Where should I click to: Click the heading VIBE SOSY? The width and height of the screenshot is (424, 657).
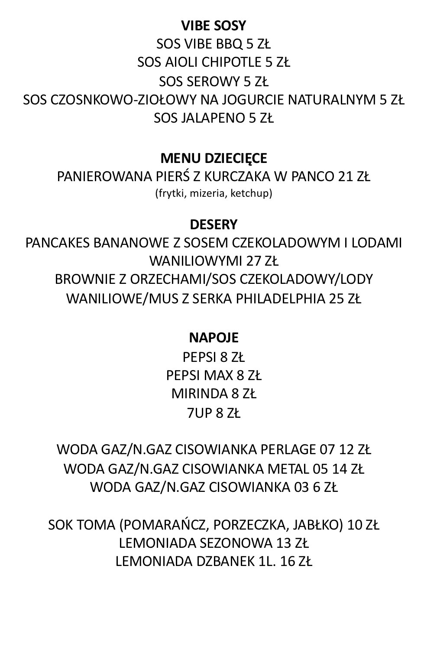pyautogui.click(x=214, y=26)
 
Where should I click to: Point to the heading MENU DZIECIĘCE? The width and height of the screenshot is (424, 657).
pyautogui.click(x=214, y=158)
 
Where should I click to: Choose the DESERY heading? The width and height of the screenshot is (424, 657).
pyautogui.click(x=214, y=224)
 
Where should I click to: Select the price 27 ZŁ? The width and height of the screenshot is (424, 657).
pyautogui.click(x=262, y=261)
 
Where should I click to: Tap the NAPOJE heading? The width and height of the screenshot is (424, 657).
pyautogui.click(x=214, y=338)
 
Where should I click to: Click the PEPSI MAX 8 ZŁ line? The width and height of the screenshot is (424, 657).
pyautogui.click(x=214, y=375)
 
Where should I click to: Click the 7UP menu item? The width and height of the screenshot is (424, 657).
pyautogui.click(x=214, y=413)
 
